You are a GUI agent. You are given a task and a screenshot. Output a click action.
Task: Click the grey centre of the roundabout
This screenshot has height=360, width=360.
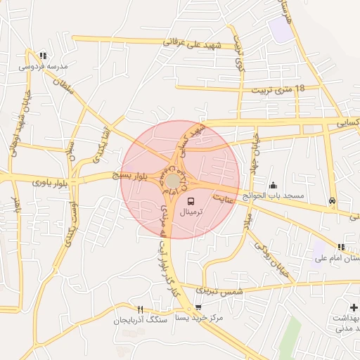coord(172,181)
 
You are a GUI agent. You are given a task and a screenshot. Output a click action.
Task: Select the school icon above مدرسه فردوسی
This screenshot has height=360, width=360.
coord(43,56)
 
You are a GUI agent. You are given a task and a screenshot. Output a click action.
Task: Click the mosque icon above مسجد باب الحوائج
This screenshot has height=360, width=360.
coord(273,186)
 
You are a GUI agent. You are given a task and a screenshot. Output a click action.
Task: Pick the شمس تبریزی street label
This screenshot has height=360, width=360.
coord(220,290)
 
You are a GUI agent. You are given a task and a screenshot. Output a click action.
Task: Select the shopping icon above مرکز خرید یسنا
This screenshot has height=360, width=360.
coord(198,307)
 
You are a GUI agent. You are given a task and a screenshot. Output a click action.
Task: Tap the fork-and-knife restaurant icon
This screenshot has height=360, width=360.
coord(141,309)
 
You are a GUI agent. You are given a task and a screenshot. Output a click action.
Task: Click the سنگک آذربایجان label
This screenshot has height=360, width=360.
coord(139,320)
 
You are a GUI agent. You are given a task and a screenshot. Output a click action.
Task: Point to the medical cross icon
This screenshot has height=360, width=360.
coord(353,308)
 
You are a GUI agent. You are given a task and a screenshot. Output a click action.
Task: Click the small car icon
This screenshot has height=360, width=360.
coord(332,200)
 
